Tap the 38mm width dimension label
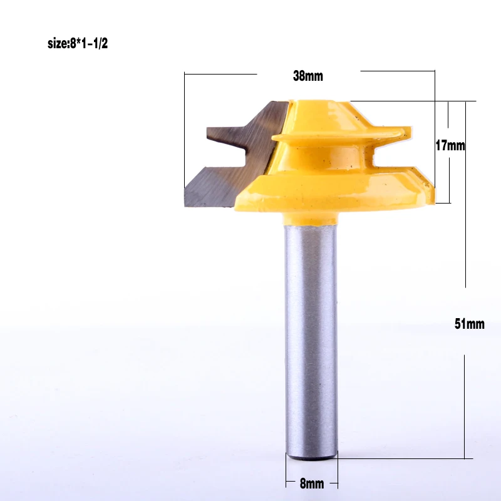point(307,76)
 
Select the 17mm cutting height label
point(450,145)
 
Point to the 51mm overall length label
point(470,324)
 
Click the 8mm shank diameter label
point(311,483)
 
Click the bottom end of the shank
point(311,456)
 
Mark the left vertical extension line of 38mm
point(185,132)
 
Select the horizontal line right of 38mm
point(397,71)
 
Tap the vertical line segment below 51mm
point(464,407)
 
